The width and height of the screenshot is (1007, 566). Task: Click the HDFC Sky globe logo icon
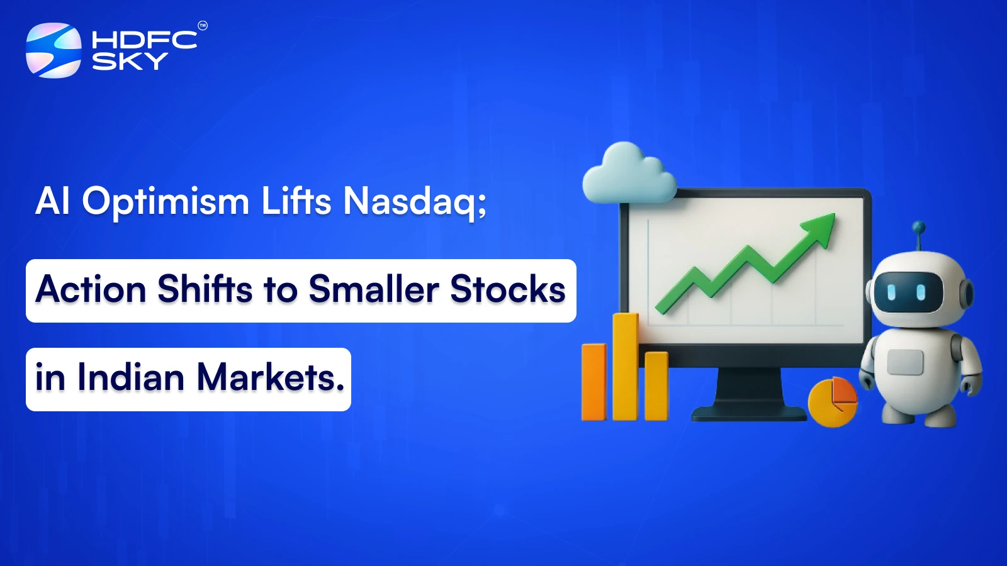(x=53, y=50)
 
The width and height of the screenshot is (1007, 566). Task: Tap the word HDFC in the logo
(x=144, y=40)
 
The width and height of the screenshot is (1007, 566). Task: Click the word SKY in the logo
(x=130, y=62)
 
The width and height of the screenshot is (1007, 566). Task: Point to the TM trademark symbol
(x=203, y=26)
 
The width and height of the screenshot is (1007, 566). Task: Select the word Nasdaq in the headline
(x=414, y=202)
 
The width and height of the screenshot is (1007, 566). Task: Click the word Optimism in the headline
(x=166, y=202)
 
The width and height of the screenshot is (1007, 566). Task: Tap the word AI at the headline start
(x=52, y=202)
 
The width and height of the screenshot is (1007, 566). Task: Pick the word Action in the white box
(x=91, y=290)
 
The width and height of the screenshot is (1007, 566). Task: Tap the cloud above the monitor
(x=627, y=174)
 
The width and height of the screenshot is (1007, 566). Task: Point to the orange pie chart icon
(x=832, y=401)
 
